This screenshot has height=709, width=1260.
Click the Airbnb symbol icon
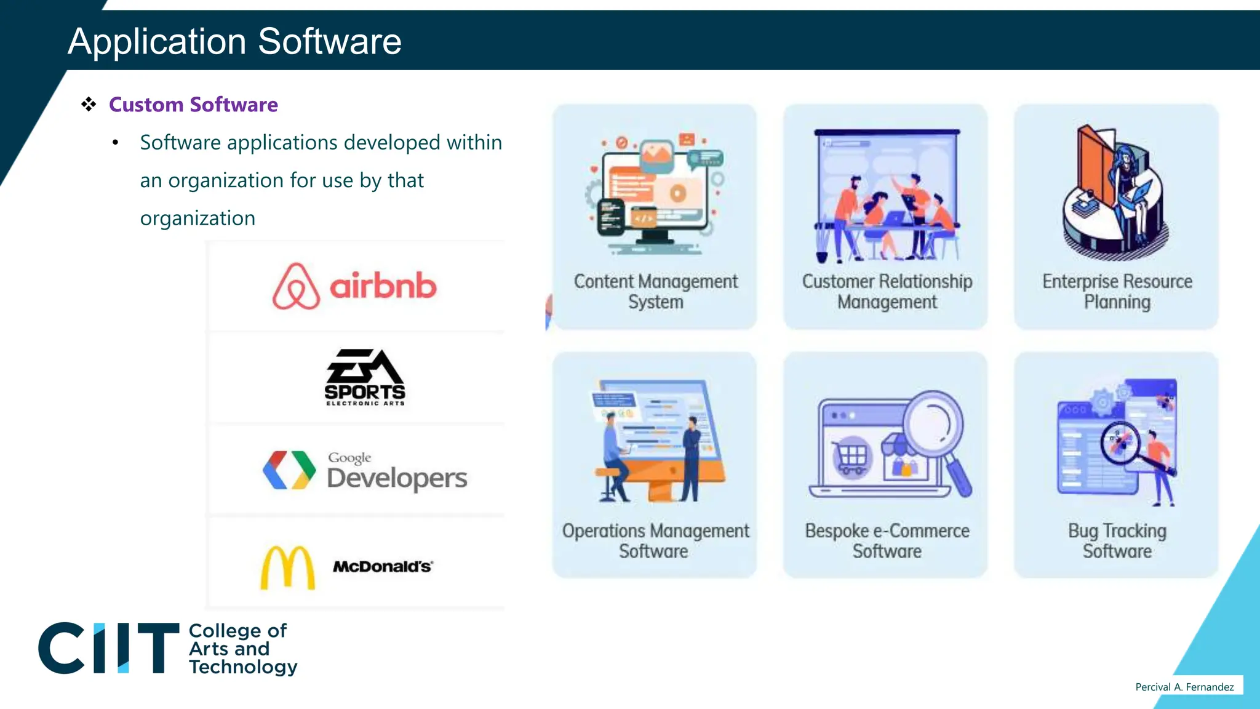[296, 286]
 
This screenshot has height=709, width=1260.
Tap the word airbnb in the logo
[383, 286]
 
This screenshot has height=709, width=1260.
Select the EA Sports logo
[365, 377]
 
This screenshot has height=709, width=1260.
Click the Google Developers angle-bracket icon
[289, 470]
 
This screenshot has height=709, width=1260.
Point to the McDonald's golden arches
[287, 567]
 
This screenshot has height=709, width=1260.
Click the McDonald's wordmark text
[383, 566]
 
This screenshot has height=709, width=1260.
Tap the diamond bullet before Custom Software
[89, 104]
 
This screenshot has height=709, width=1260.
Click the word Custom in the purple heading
[146, 105]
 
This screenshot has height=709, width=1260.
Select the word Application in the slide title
[157, 41]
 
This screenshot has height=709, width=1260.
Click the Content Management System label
[655, 291]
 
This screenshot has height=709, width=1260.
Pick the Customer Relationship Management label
[887, 291]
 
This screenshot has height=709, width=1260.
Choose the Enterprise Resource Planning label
[1117, 291]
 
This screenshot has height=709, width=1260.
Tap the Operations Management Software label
[655, 540]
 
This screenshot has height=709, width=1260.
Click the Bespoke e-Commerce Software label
[887, 540]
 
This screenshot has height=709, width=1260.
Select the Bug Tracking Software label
[1117, 540]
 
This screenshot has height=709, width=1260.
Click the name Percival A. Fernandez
[1184, 687]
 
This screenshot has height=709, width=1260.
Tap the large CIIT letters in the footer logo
[108, 648]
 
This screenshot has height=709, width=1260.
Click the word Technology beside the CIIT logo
[243, 667]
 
